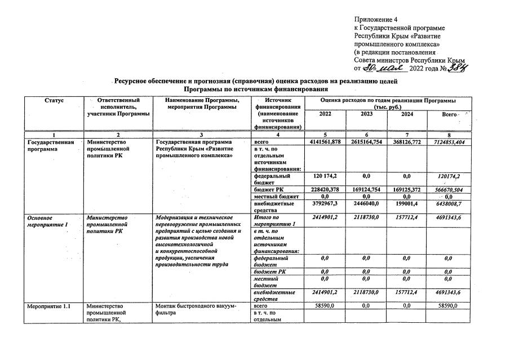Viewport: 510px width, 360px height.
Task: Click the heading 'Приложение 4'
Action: (x=376, y=19)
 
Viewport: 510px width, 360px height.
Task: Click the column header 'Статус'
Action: (x=54, y=100)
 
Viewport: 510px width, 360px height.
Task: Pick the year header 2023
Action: (x=366, y=114)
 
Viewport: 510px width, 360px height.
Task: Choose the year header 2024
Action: (x=407, y=114)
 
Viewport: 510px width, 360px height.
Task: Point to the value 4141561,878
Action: (x=325, y=142)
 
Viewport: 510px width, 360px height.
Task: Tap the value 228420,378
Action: (x=325, y=189)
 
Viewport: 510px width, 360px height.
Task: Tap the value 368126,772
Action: (x=407, y=142)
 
